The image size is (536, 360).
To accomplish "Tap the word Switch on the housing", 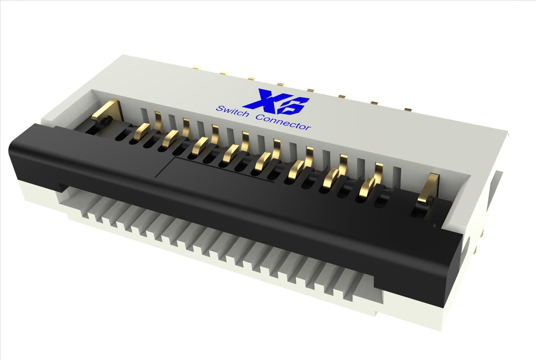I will tap(232, 111).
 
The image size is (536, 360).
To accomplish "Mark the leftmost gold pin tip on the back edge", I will tap(196, 68).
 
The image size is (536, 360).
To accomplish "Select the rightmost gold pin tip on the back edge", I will tap(408, 109).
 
